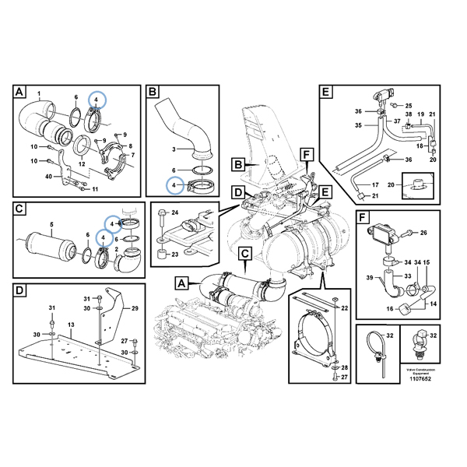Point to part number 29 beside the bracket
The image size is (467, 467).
[x=134, y=309]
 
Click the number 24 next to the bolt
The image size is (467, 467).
[x=174, y=212]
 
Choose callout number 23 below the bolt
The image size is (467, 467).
[x=175, y=254]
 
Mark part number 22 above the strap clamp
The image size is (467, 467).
[x=344, y=309]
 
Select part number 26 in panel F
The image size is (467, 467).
[x=424, y=232]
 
